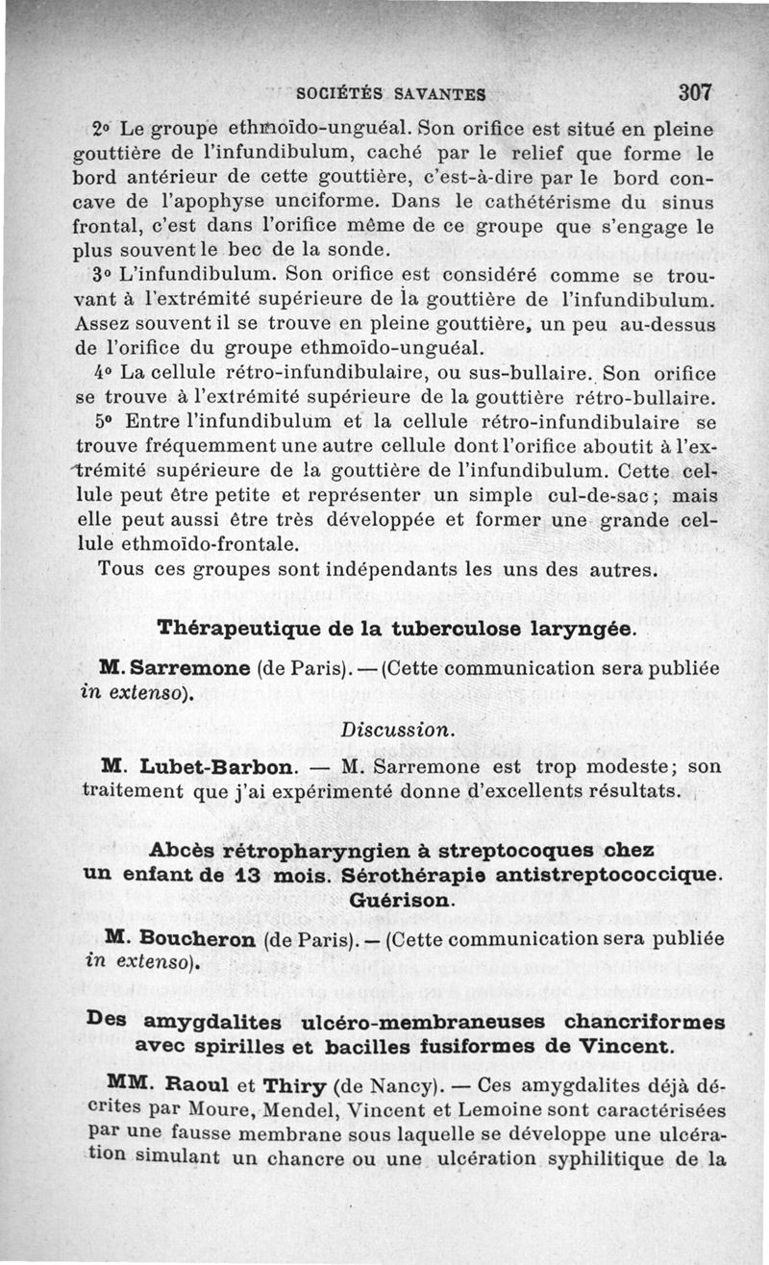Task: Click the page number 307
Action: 694,93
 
